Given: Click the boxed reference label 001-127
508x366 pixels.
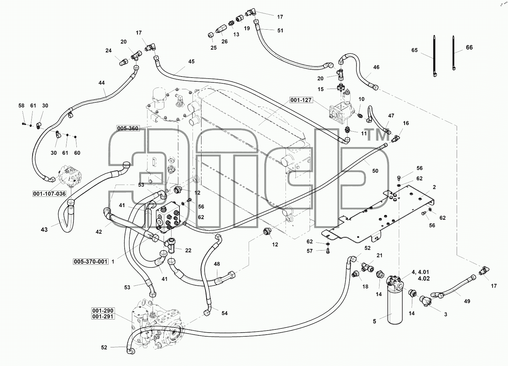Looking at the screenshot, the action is point(301,100).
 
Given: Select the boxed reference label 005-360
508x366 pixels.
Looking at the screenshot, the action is point(128,129).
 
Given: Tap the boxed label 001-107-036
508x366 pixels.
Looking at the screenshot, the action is point(50,194).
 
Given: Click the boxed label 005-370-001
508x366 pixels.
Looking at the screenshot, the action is point(91,262).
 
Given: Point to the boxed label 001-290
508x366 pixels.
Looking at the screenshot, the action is point(103,311).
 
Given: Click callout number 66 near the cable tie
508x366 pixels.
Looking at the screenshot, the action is point(469,47).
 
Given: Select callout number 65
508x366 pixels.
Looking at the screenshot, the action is point(414,50).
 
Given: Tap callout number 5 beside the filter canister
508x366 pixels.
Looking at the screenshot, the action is point(374,321).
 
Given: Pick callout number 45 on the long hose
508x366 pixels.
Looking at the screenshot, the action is point(191,61).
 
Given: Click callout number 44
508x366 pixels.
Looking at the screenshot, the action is point(102,83).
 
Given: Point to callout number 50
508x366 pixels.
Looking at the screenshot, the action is point(375,171).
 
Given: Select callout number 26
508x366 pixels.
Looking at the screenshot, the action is point(224,41).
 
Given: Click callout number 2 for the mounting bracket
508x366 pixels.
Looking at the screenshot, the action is point(434,187).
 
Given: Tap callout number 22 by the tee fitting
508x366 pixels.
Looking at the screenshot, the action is point(188,250).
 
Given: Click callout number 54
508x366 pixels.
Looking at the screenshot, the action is point(225,313).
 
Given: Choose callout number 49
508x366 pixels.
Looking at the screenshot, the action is point(467,301).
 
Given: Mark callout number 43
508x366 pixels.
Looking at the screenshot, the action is point(44,230).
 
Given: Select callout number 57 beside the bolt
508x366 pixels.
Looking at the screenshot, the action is point(310,251).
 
